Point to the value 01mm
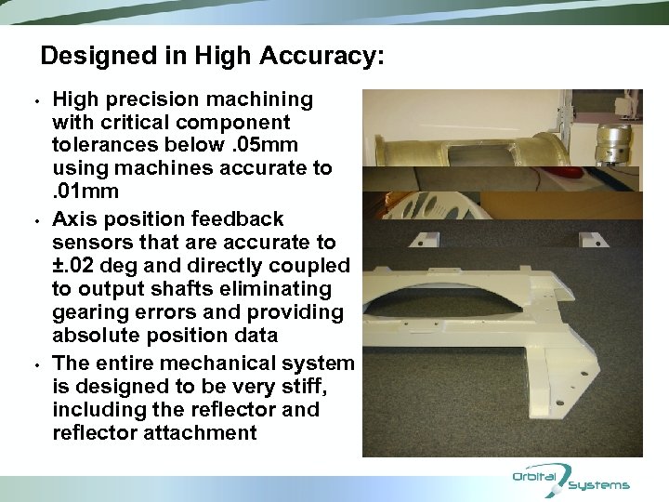[x=88, y=192]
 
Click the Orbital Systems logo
[x=571, y=480]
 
